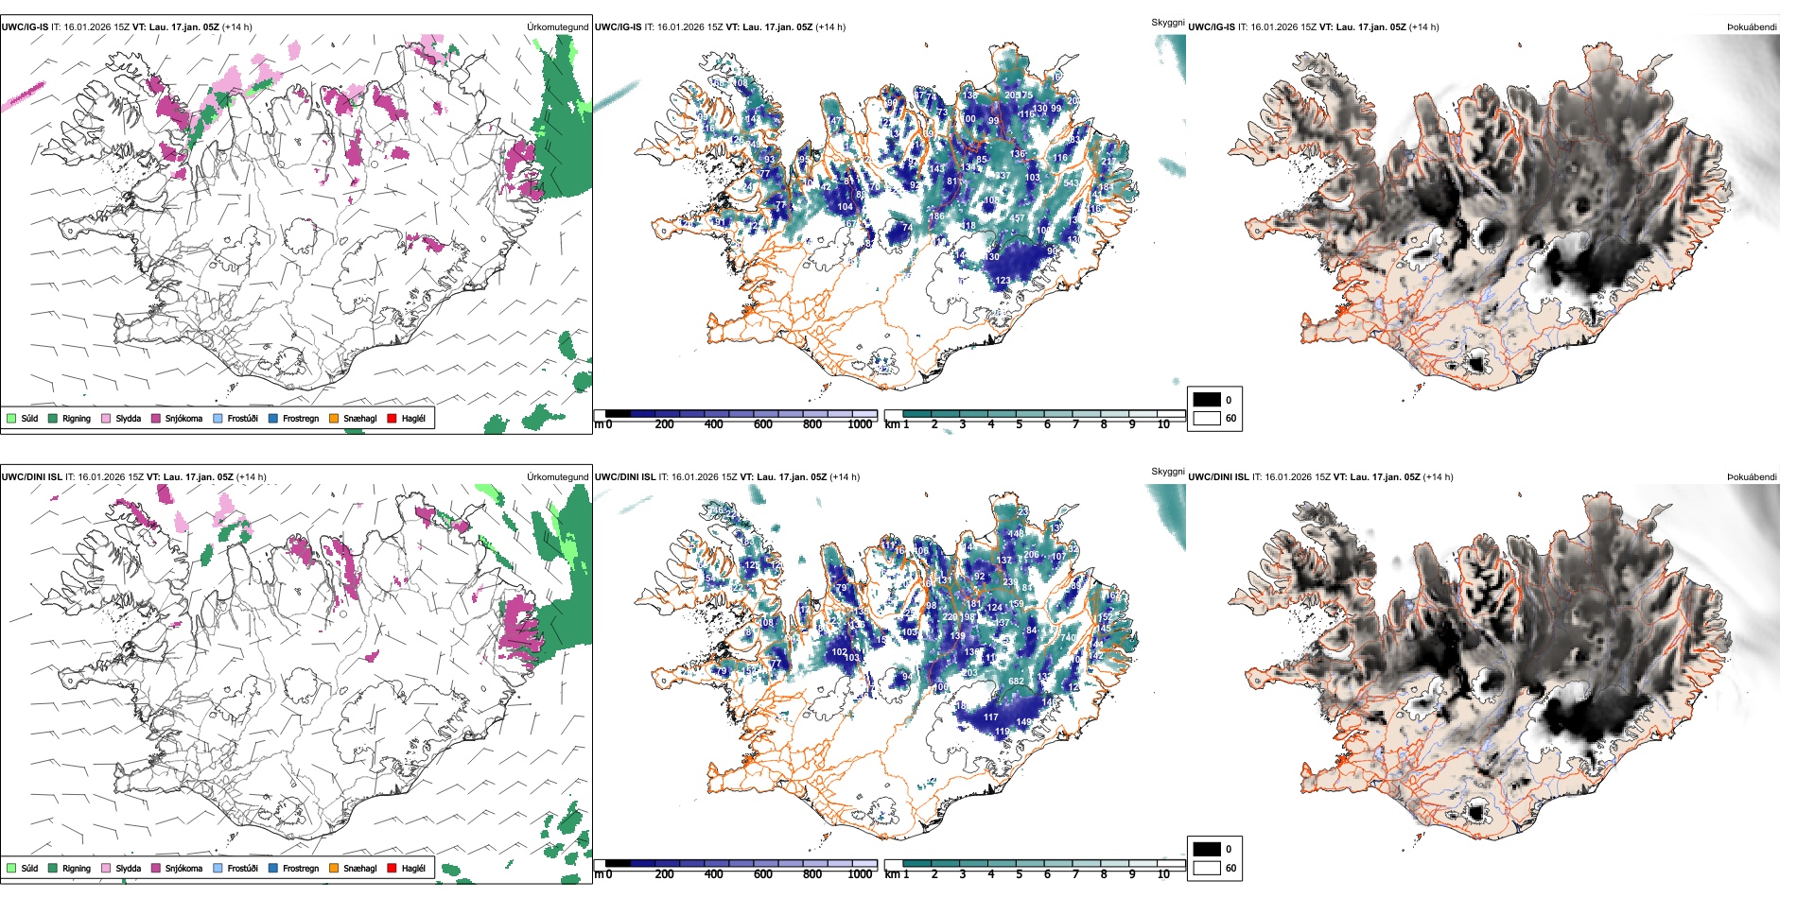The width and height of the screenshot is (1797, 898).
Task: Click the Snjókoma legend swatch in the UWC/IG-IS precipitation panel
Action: click(156, 418)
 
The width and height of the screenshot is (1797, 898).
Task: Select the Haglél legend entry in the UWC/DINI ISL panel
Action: click(392, 868)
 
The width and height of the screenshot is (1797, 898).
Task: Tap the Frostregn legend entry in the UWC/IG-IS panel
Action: click(273, 418)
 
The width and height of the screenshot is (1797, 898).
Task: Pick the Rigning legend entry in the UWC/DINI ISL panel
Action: click(53, 868)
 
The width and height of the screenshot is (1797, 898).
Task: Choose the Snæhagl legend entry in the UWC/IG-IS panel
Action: click(334, 418)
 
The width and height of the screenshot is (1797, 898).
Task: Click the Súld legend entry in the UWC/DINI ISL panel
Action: click(11, 868)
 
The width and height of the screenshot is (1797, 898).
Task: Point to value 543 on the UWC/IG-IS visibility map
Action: click(1071, 183)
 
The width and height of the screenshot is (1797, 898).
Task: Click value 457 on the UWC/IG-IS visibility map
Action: click(1017, 218)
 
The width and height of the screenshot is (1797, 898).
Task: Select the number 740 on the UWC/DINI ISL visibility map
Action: click(1067, 638)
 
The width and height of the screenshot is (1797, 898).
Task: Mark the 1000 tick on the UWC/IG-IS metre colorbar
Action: click(860, 424)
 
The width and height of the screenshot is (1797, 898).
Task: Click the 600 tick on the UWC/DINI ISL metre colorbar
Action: click(763, 874)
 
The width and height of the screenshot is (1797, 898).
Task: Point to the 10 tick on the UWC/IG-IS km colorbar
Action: click(1163, 424)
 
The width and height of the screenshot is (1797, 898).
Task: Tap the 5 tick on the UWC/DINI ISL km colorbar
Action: click(1020, 874)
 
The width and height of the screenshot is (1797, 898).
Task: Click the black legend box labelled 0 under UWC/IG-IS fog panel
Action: click(1207, 400)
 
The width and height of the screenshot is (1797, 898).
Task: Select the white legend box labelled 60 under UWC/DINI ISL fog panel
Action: click(1207, 868)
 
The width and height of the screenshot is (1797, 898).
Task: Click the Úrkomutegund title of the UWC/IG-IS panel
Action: click(557, 27)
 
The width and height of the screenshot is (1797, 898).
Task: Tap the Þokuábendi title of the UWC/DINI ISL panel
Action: click(1752, 477)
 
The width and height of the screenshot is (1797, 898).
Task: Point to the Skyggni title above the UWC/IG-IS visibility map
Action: click(1167, 22)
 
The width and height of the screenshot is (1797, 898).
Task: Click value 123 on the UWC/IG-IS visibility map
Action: click(1003, 281)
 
